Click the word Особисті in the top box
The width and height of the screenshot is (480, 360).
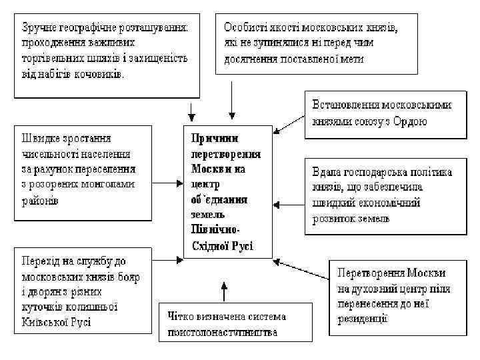(244, 28)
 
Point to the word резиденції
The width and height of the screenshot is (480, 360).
(363, 319)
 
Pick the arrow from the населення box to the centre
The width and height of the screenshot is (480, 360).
(166, 179)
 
